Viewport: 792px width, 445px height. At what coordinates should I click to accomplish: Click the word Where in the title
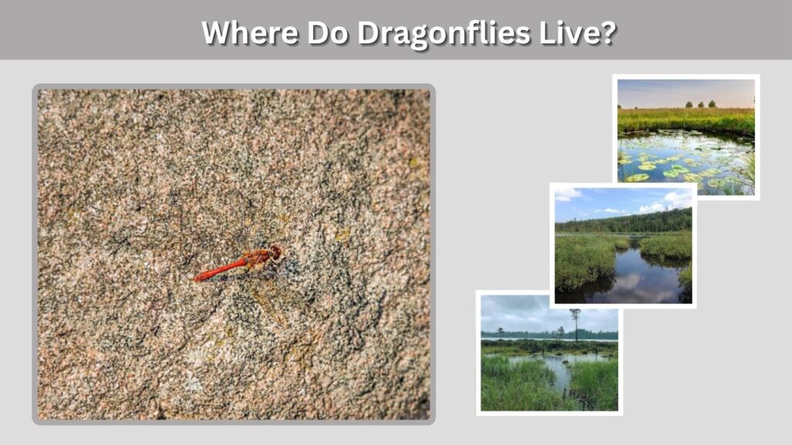pos(250,32)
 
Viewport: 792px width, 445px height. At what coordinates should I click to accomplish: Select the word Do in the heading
pos(327,32)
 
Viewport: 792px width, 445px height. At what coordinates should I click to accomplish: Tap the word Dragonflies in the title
pos(443,33)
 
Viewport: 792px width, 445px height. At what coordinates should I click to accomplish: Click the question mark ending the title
pos(609,32)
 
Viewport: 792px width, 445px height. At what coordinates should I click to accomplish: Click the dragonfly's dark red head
pos(275,252)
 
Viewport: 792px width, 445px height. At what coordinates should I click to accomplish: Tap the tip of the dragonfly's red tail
pos(196,277)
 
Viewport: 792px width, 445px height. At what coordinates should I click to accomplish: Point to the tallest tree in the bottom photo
pos(575,323)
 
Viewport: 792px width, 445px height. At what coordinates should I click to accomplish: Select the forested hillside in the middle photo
pos(624,222)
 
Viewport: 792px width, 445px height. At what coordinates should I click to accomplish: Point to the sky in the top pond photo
pos(686,93)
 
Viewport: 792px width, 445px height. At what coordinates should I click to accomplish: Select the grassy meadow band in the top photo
pos(686,120)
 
